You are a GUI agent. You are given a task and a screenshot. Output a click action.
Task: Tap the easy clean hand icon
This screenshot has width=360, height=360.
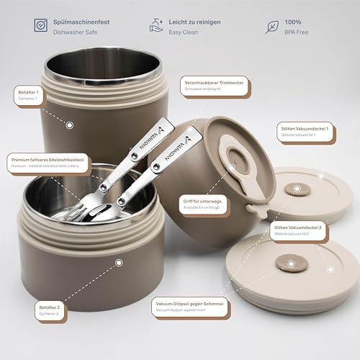158,26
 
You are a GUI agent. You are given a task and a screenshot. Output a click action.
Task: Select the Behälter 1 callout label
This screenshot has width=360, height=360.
29,94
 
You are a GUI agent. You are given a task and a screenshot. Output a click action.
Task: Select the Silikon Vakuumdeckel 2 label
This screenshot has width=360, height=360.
300,229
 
